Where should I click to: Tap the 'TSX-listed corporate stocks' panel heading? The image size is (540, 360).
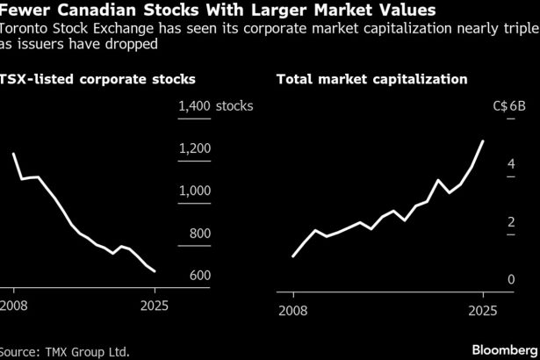pos(98,79)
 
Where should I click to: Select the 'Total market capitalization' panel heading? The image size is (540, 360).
pos(371,79)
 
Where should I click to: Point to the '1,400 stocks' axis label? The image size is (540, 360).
pos(215,106)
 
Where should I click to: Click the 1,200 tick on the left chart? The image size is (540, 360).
pos(194,148)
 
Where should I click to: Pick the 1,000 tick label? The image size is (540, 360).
pos(194,191)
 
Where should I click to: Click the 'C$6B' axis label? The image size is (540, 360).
pos(509,106)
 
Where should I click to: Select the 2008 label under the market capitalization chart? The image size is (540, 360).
pos(293,310)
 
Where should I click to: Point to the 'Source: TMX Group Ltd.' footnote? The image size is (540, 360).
pos(65,351)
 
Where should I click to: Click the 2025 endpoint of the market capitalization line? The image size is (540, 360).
pos(483,140)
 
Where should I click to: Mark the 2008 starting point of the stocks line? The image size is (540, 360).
pos(14,154)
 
